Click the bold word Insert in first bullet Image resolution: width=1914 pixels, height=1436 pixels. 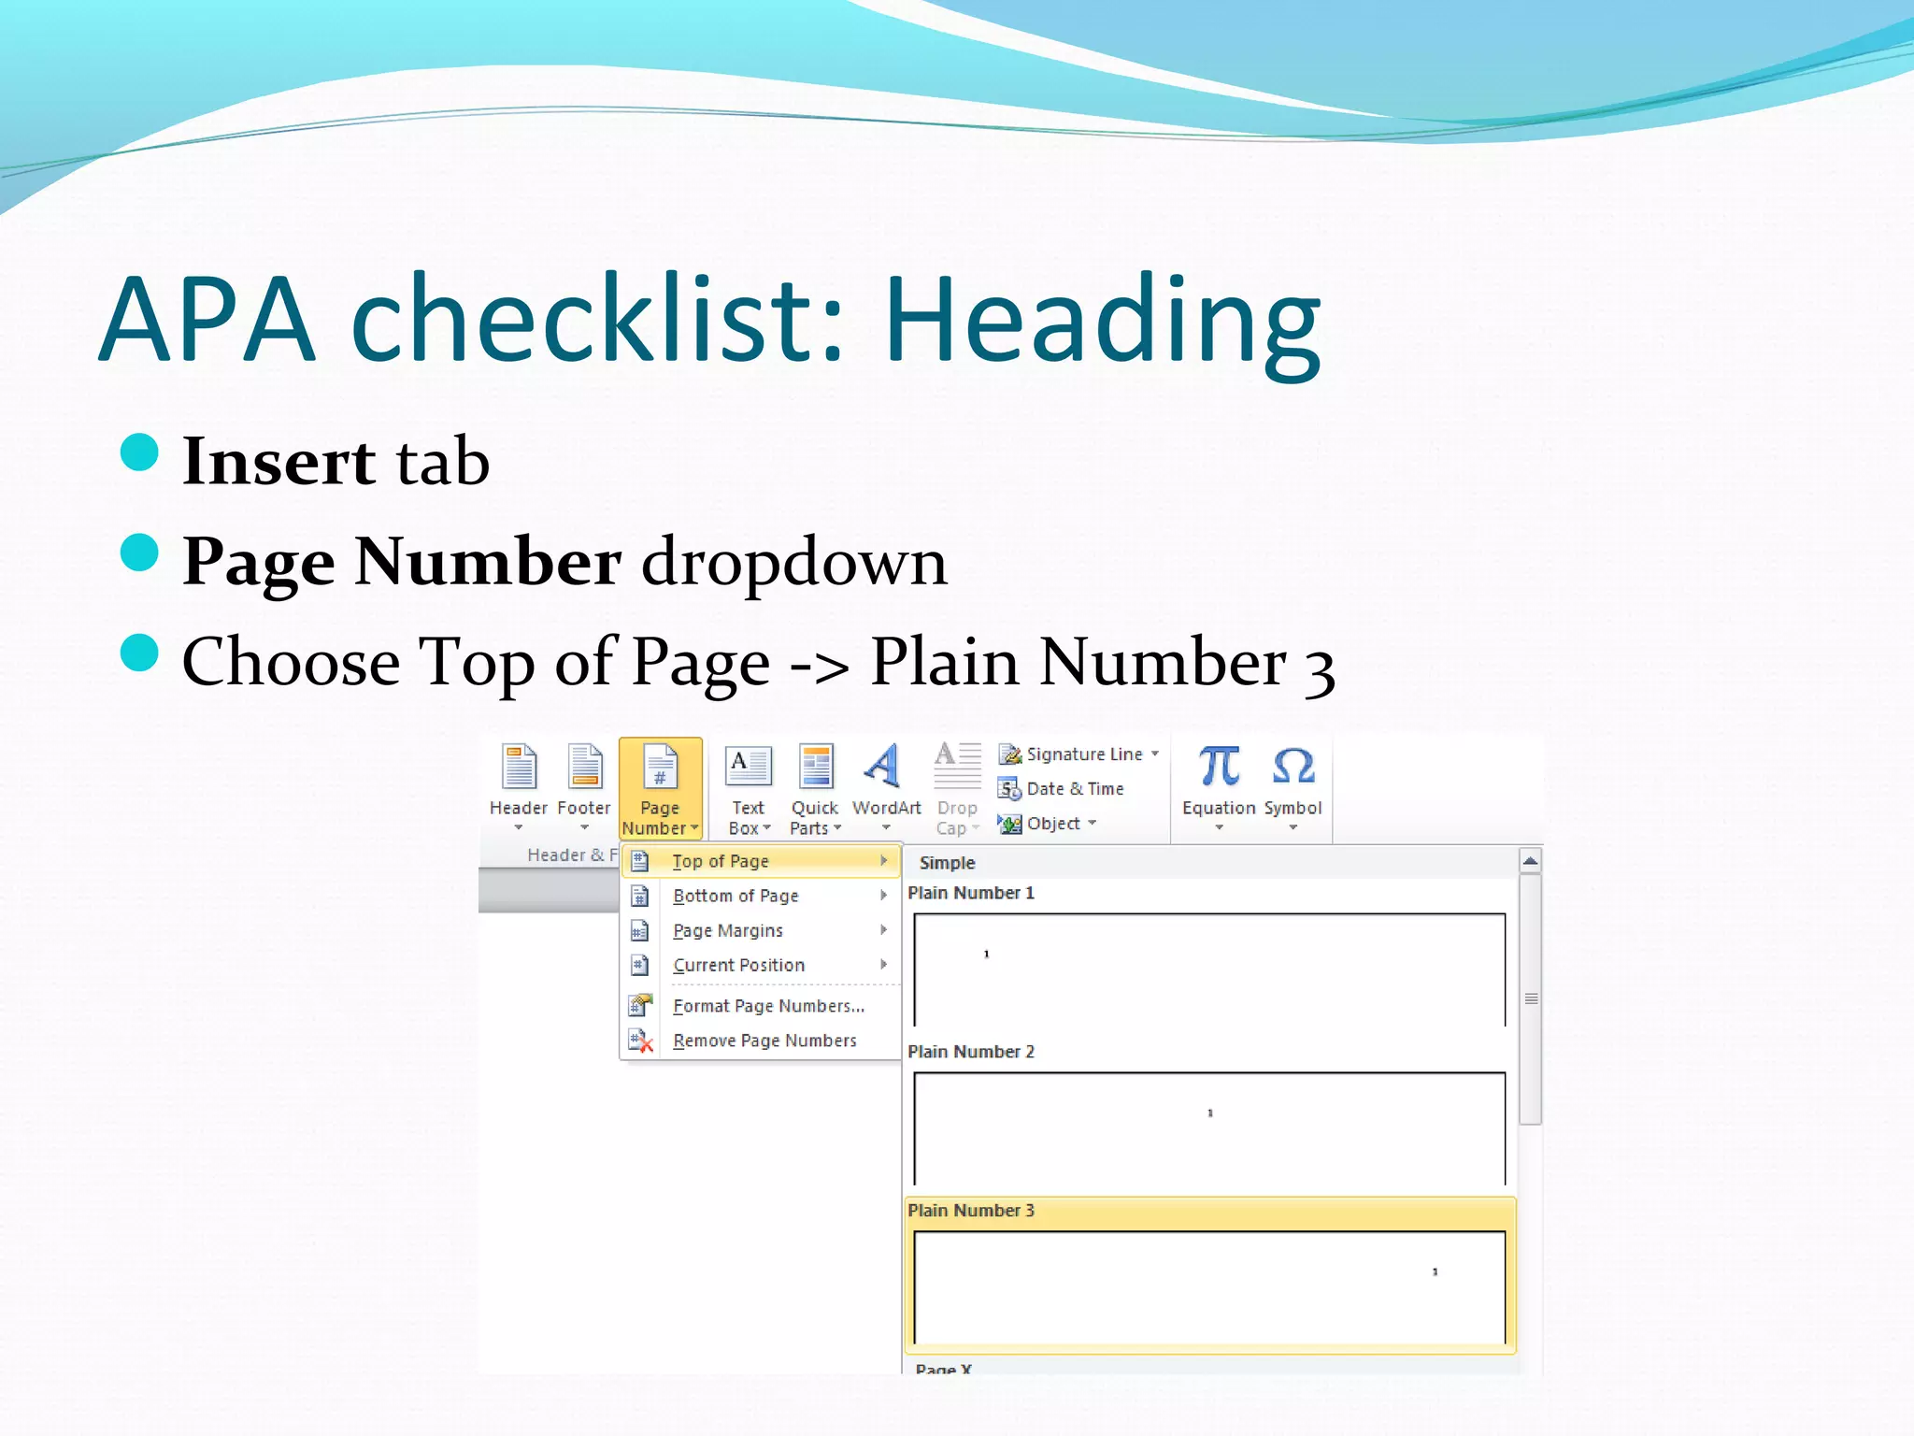[x=279, y=462]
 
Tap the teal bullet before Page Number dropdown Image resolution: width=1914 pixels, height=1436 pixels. [x=140, y=552]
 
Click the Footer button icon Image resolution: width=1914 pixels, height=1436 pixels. [x=585, y=768]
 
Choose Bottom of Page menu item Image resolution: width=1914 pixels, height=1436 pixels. [x=736, y=896]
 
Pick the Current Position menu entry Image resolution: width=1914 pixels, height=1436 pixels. [x=738, y=965]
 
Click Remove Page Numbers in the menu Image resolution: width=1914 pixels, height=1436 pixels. [x=764, y=1041]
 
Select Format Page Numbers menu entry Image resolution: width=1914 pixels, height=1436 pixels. [x=768, y=1006]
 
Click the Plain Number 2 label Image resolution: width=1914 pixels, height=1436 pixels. [x=970, y=1052]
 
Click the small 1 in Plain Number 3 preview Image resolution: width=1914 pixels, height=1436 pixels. [x=1435, y=1271]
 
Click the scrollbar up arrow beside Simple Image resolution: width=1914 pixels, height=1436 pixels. [x=1530, y=861]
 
